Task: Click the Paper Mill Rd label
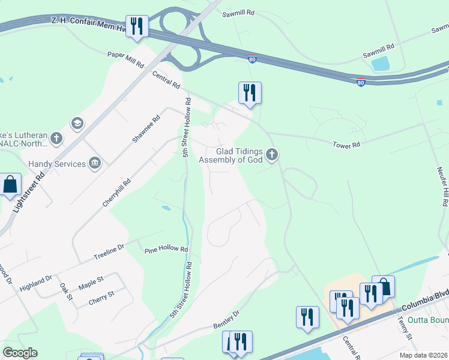tap(126, 59)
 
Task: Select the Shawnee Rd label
tap(146, 129)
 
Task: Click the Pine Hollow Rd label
tap(166, 249)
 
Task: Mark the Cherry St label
tap(101, 295)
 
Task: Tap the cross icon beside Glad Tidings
tap(272, 156)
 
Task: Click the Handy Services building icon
tap(95, 163)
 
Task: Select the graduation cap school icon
tap(77, 124)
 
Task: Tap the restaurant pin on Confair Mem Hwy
tap(137, 26)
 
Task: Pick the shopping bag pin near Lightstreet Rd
tap(10, 184)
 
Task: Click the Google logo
tap(20, 353)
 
